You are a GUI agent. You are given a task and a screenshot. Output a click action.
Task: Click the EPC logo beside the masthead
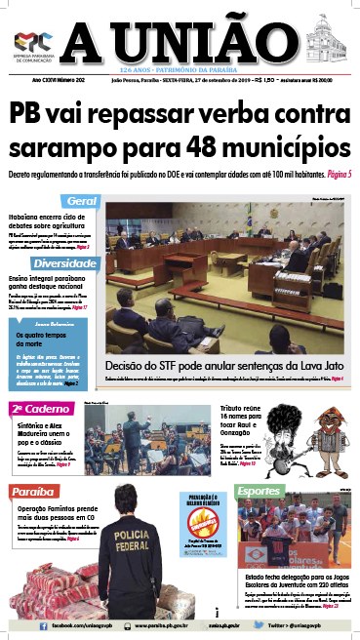point(32,42)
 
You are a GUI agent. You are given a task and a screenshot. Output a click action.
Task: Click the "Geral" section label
point(81,201)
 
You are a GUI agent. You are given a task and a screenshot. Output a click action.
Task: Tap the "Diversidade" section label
point(64,264)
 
